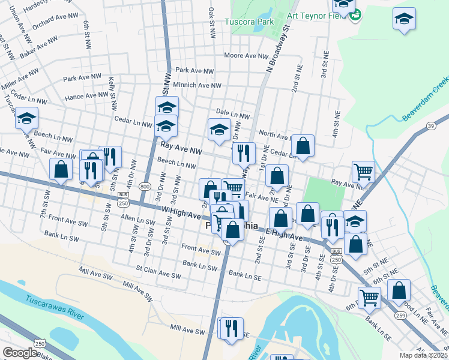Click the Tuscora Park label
click(249, 22)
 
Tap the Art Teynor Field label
click(310, 16)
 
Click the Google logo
click(20, 353)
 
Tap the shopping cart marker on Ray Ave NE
click(363, 172)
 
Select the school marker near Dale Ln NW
click(219, 129)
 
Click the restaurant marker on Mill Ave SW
click(231, 328)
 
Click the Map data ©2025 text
click(423, 355)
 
